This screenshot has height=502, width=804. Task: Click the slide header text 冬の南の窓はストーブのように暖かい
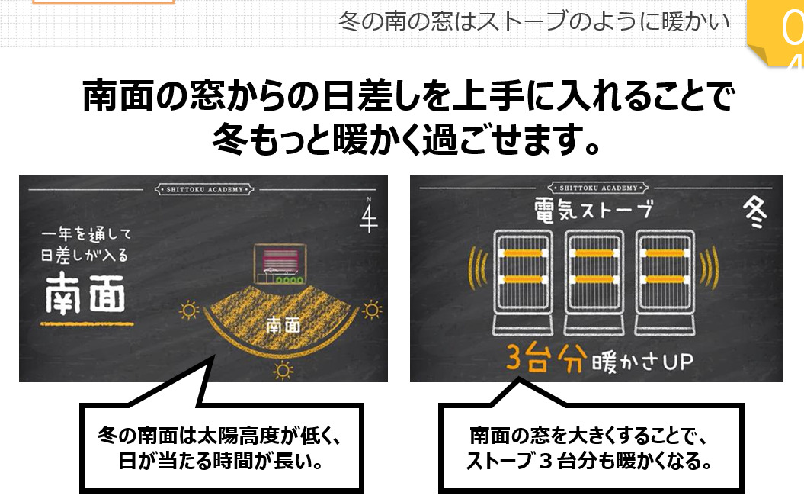(x=533, y=20)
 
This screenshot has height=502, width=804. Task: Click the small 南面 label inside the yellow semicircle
(x=283, y=326)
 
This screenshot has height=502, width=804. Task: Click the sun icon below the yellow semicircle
(x=283, y=371)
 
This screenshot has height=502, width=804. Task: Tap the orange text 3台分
(x=544, y=359)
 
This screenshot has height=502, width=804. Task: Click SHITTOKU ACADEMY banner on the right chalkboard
(x=597, y=188)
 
